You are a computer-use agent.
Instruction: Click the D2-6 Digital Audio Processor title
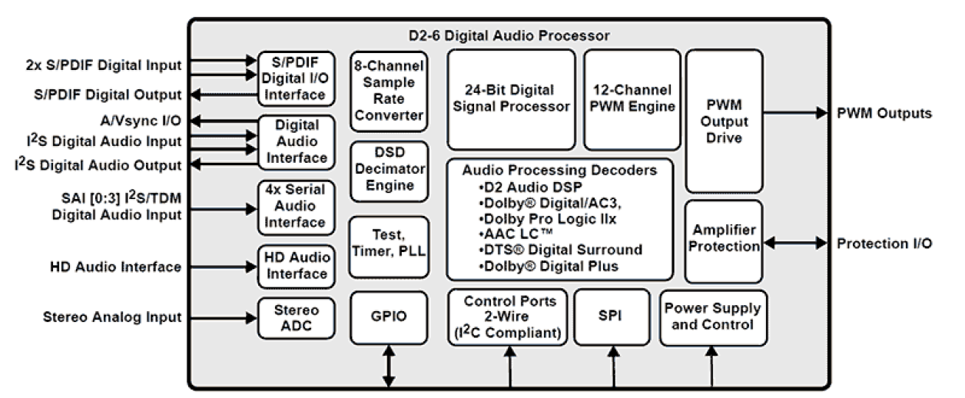pos(509,36)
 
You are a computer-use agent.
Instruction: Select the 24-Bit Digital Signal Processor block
pos(511,99)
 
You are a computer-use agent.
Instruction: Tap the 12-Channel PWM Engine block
pos(632,99)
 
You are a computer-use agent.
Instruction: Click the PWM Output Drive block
pos(723,121)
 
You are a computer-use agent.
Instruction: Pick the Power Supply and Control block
pos(713,317)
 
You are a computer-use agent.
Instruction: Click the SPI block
pos(612,317)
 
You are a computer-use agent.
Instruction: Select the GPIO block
pos(389,317)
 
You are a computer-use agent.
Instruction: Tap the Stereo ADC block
pos(296,317)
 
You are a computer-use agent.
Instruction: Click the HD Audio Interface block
pos(296,267)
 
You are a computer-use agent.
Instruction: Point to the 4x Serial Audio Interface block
pos(296,208)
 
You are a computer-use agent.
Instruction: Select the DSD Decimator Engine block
pos(389,171)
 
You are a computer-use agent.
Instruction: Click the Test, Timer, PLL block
pos(389,247)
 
